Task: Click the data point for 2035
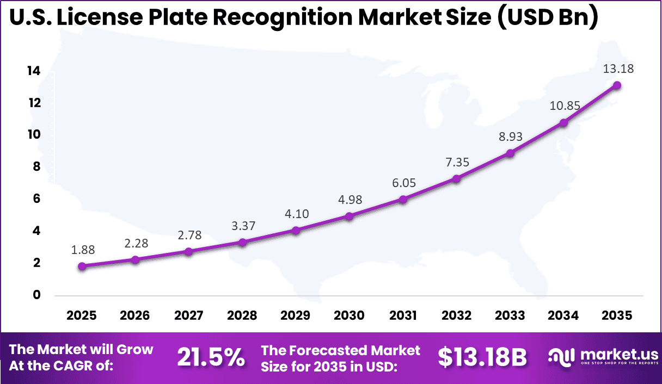[617, 85]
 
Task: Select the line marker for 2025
[82, 266]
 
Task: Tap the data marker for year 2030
[350, 216]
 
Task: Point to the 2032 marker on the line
[456, 178]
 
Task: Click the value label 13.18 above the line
[618, 69]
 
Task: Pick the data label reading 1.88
[82, 250]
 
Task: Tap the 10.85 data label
[565, 106]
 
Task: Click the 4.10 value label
[296, 214]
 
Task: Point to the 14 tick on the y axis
[34, 71]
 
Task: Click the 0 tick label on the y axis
[37, 295]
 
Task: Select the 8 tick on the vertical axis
[37, 167]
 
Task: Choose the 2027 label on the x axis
[189, 316]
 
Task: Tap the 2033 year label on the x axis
[510, 316]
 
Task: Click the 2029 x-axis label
[296, 316]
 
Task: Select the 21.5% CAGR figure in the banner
[211, 357]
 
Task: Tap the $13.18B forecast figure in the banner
[482, 357]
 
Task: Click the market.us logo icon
[561, 357]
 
